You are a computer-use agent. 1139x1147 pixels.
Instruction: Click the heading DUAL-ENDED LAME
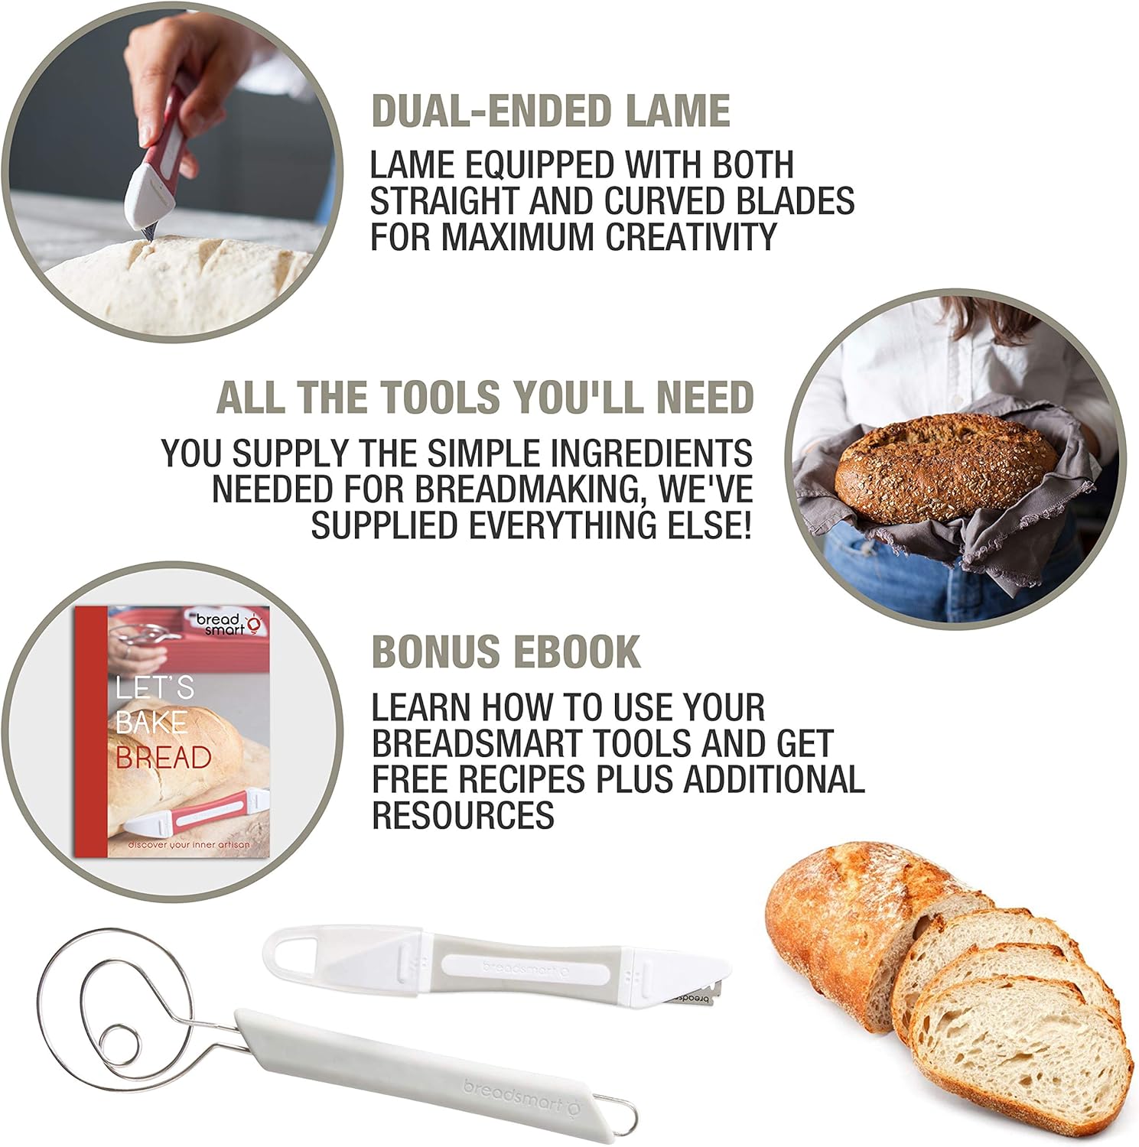(x=550, y=112)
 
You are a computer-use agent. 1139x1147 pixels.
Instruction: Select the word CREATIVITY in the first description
(x=692, y=236)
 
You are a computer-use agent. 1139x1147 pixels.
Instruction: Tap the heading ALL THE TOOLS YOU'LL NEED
(x=485, y=398)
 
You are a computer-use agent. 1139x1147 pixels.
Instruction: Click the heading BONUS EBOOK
(x=506, y=652)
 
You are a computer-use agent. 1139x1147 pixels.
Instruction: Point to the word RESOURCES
(x=463, y=815)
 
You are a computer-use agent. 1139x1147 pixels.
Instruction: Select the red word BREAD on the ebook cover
(x=163, y=758)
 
